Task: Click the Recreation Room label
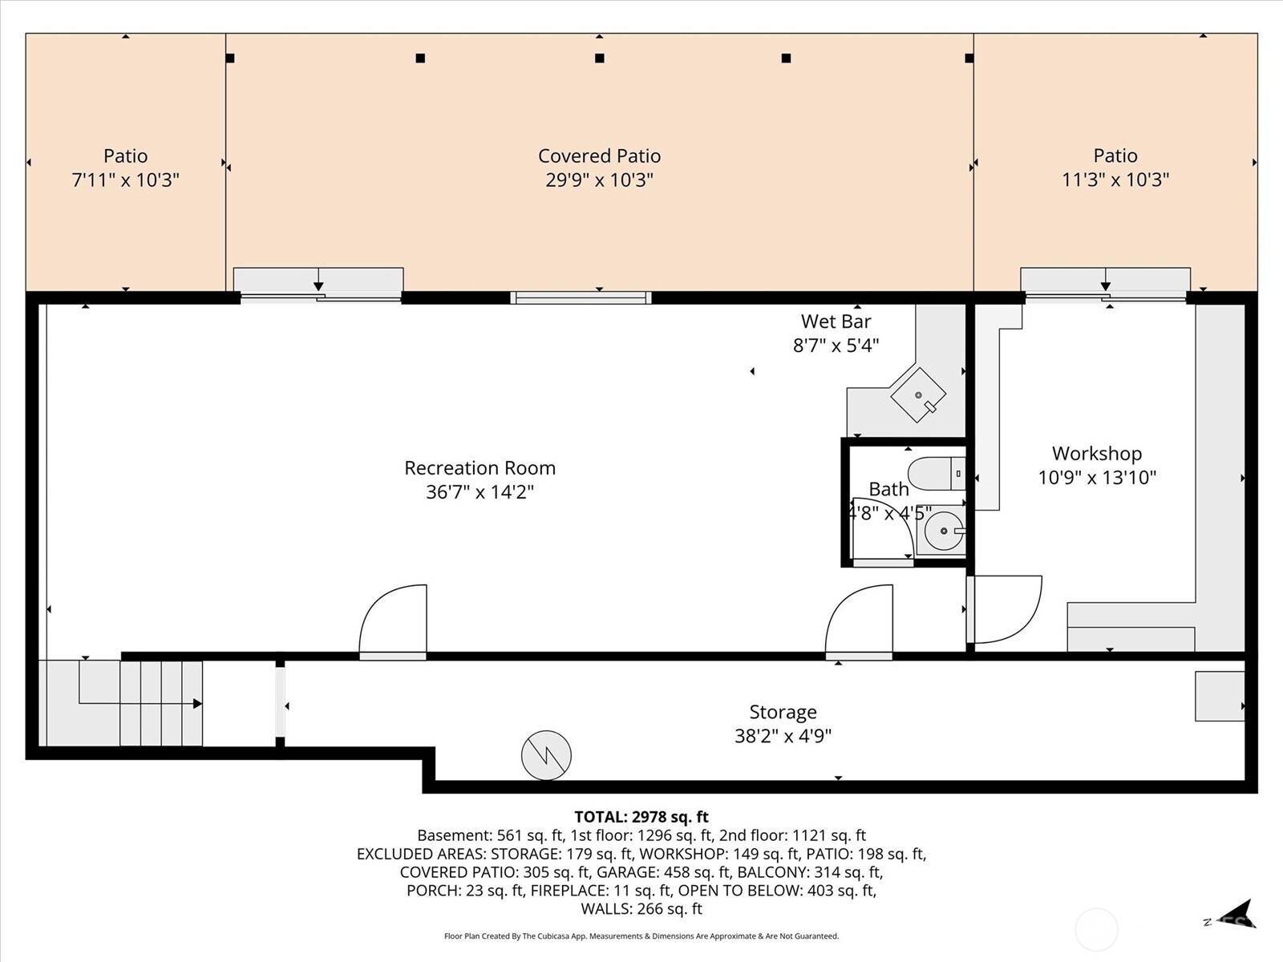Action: pyautogui.click(x=480, y=467)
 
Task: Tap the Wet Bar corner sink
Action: pyautogui.click(x=918, y=394)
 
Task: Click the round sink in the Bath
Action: pyautogui.click(x=944, y=531)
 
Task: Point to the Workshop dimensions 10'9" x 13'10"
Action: pyautogui.click(x=1097, y=478)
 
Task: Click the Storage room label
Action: pyautogui.click(x=783, y=712)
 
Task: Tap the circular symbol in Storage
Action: pyautogui.click(x=546, y=755)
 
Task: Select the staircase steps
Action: pyautogui.click(x=160, y=703)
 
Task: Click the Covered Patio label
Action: pyautogui.click(x=599, y=156)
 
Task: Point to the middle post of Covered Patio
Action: pyautogui.click(x=599, y=58)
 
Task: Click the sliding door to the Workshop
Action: pyautogui.click(x=1106, y=297)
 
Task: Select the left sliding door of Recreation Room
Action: pyautogui.click(x=320, y=297)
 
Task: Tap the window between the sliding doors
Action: pyautogui.click(x=581, y=298)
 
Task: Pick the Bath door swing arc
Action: pyautogui.click(x=882, y=529)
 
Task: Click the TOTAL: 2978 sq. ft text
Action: pyautogui.click(x=641, y=817)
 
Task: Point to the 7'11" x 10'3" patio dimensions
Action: pyautogui.click(x=126, y=180)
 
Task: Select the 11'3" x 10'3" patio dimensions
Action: pyautogui.click(x=1115, y=180)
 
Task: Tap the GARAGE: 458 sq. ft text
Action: pyautogui.click(x=662, y=872)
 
